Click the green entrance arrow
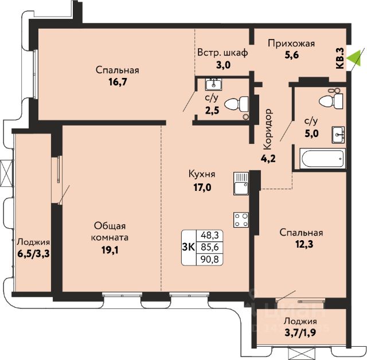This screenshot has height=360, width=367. pyautogui.click(x=353, y=58)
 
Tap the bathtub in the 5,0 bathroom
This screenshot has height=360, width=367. pyautogui.click(x=322, y=158)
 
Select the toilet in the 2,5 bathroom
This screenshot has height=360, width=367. pyautogui.click(x=236, y=104)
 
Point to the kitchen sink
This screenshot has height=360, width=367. pyautogui.click(x=241, y=184)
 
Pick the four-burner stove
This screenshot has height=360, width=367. pyautogui.click(x=241, y=220)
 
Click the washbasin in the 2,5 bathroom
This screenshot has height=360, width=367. pyautogui.click(x=214, y=84)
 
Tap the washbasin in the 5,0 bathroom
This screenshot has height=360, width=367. pyautogui.click(x=338, y=135)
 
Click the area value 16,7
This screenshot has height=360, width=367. pyautogui.click(x=118, y=82)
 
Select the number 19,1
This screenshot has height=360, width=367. pyautogui.click(x=110, y=250)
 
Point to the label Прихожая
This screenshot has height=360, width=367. pyautogui.click(x=291, y=44)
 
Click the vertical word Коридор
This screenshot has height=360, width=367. pyautogui.click(x=268, y=129)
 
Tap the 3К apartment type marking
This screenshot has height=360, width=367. pyautogui.click(x=189, y=247)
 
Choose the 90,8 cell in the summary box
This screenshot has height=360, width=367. pyautogui.click(x=209, y=260)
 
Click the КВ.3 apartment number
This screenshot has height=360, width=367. pyautogui.click(x=340, y=58)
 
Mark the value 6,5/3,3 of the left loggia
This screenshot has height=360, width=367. pyautogui.click(x=33, y=253)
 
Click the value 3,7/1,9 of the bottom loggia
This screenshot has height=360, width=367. pyautogui.click(x=300, y=332)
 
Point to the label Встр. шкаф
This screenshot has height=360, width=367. pyautogui.click(x=222, y=53)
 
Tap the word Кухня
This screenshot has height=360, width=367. pyautogui.click(x=202, y=174)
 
